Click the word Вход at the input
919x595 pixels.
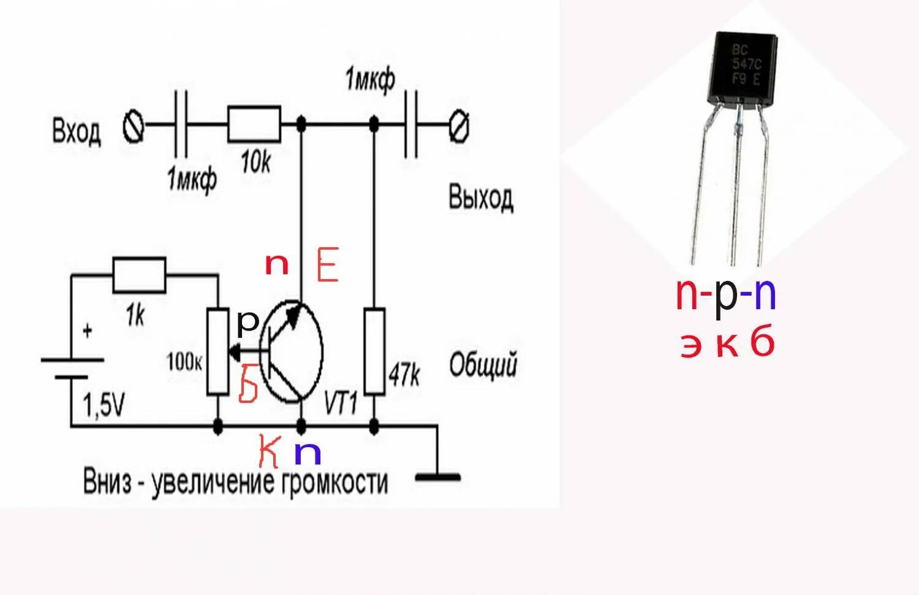[x=76, y=131]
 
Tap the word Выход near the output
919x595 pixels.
[x=481, y=198]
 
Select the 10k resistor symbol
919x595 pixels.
[x=254, y=125]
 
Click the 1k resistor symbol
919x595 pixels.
[x=139, y=275]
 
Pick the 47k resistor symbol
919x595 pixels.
[x=374, y=351]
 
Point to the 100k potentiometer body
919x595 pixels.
[x=217, y=351]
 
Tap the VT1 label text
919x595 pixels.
[x=340, y=402]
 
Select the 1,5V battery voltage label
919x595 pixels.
[x=104, y=405]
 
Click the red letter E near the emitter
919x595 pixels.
[x=328, y=265]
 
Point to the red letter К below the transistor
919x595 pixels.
[x=269, y=451]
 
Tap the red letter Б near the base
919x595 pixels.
[x=248, y=384]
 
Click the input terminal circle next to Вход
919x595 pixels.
[x=133, y=127]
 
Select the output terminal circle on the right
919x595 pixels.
[x=459, y=127]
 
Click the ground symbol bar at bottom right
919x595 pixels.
[x=437, y=477]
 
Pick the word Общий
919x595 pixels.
[x=483, y=365]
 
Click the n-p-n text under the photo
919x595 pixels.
[x=726, y=295]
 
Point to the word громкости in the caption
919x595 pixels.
[x=335, y=482]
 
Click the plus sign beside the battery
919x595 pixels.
[x=88, y=331]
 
